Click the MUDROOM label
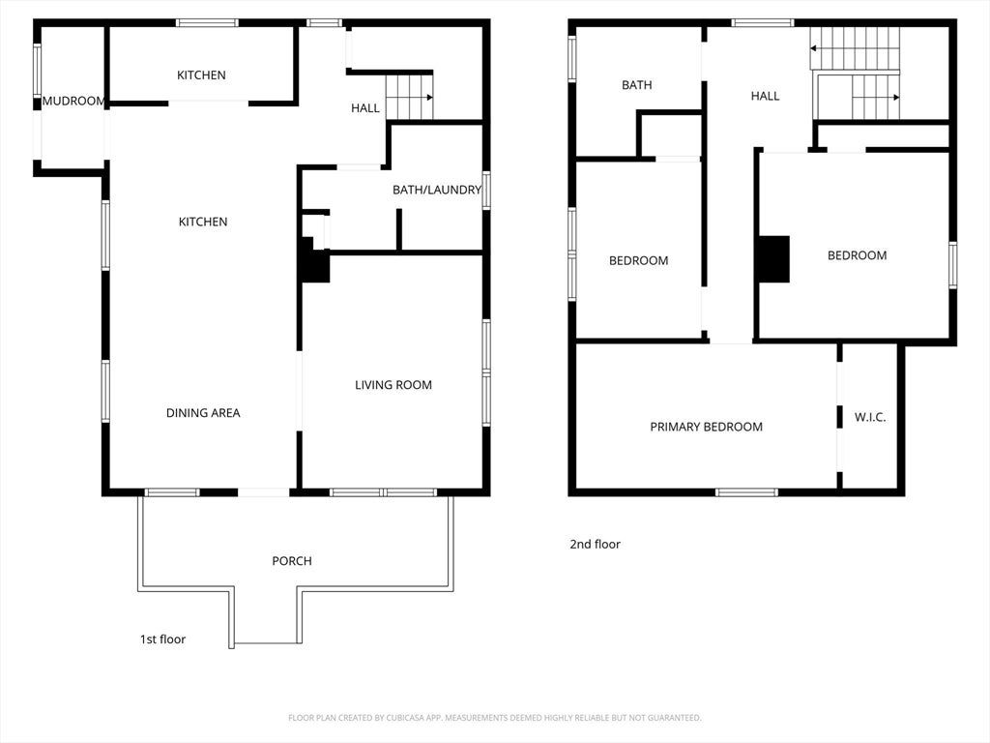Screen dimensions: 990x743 click(73, 101)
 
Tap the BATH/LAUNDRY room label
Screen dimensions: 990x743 click(437, 190)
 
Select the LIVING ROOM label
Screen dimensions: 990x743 click(393, 385)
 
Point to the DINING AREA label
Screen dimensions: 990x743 click(203, 412)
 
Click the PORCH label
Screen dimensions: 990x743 click(292, 560)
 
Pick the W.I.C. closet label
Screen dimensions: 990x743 click(870, 417)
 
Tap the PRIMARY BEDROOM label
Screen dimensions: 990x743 click(707, 427)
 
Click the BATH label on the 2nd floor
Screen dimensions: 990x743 click(636, 85)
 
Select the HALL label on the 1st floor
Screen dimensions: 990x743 click(365, 108)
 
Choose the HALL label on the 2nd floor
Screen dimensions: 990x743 click(766, 96)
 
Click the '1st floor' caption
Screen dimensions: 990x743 click(162, 639)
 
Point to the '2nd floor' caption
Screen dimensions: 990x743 click(596, 544)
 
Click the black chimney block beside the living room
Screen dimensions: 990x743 click(314, 260)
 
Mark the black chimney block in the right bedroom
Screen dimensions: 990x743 click(774, 259)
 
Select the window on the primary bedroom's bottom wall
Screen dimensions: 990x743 click(747, 492)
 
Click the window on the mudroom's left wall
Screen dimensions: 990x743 click(38, 70)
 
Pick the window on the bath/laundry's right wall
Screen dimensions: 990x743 click(486, 191)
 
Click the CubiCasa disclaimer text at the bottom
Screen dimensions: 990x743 click(494, 718)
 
